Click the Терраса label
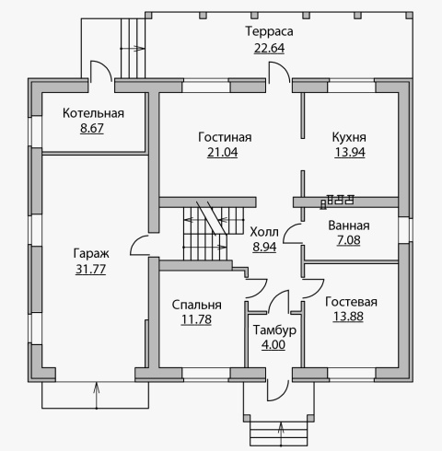pos(269,31)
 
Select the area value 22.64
pos(269,48)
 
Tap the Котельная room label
pos(93,113)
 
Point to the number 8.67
pos(92,128)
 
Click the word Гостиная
pos(225,137)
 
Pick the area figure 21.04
pos(223,153)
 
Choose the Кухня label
pos(349,137)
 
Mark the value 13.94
pos(350,153)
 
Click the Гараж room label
pos(91,254)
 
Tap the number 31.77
pos(90,270)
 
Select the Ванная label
pos(349,225)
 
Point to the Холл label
pos(264,232)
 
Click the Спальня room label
pos(196,305)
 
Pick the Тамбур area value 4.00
pos(273,345)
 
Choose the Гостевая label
pos(351,302)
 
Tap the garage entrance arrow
pos(97,396)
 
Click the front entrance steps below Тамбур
pos(279,434)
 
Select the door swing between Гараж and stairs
pos(139,245)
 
